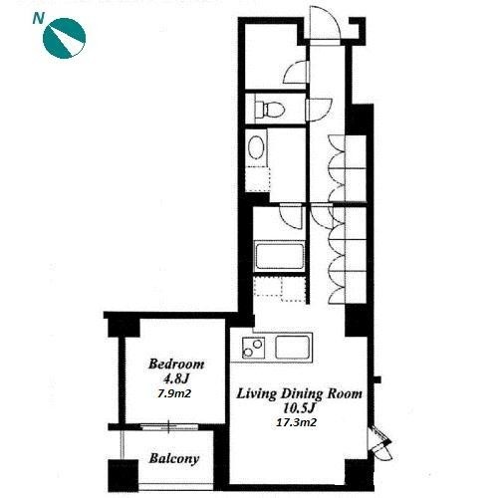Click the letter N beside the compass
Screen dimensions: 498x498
point(38,19)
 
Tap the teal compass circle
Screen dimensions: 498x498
point(65,38)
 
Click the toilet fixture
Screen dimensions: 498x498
point(269,109)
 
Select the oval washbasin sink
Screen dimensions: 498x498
point(256,147)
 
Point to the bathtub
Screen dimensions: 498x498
point(279,256)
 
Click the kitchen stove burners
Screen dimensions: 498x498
point(253,348)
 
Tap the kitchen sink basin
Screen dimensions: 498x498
point(293,347)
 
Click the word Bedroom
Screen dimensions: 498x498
point(176,365)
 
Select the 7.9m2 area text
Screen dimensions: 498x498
point(174,393)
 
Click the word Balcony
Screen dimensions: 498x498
point(174,459)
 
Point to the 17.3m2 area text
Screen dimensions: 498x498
point(296,422)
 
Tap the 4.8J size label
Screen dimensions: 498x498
point(175,378)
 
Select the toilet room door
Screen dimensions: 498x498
point(319,110)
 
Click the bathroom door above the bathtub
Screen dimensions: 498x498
point(291,216)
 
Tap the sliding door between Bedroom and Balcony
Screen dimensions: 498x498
point(168,427)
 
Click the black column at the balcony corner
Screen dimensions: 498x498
point(124,475)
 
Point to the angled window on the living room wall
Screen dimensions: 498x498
point(380,443)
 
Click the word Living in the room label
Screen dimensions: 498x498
point(256,394)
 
